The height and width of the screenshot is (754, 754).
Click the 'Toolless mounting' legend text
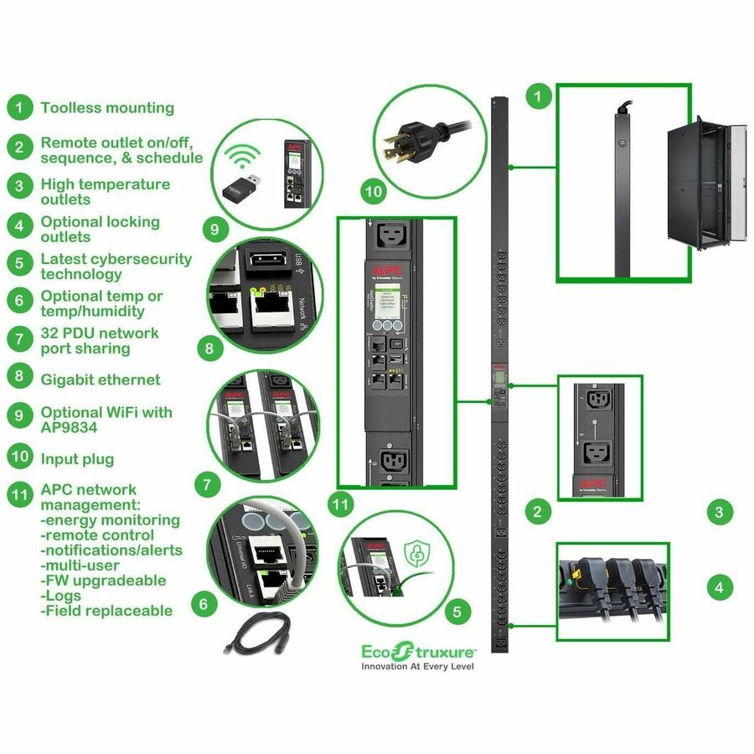pyautogui.click(x=107, y=108)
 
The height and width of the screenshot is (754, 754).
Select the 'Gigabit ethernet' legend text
pyautogui.click(x=101, y=380)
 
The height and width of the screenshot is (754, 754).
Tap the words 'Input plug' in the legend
pyautogui.click(x=77, y=459)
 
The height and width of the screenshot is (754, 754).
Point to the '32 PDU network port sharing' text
pyautogui.click(x=99, y=341)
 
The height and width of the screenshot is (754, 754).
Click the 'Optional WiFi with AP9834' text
pyautogui.click(x=106, y=420)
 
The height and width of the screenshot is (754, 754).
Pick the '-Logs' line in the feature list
pyautogui.click(x=60, y=596)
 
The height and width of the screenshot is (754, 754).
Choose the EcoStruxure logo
pyautogui.click(x=418, y=649)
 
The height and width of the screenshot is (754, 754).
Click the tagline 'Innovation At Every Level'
pyautogui.click(x=417, y=667)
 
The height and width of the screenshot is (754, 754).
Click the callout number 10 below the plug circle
pyautogui.click(x=374, y=193)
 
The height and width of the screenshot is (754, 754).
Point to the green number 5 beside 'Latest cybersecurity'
pyautogui.click(x=18, y=266)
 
